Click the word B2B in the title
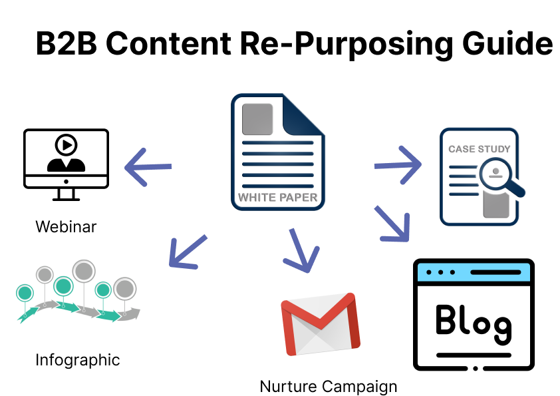(x=64, y=44)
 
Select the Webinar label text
(x=66, y=226)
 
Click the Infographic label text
(x=78, y=360)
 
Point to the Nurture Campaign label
(x=328, y=386)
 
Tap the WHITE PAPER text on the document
(x=277, y=197)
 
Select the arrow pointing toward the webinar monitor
(x=148, y=166)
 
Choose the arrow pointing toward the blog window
(x=392, y=223)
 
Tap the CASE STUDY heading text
(x=479, y=149)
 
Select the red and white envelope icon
(x=320, y=324)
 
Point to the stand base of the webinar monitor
(x=66, y=198)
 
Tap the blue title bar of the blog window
(x=473, y=273)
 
